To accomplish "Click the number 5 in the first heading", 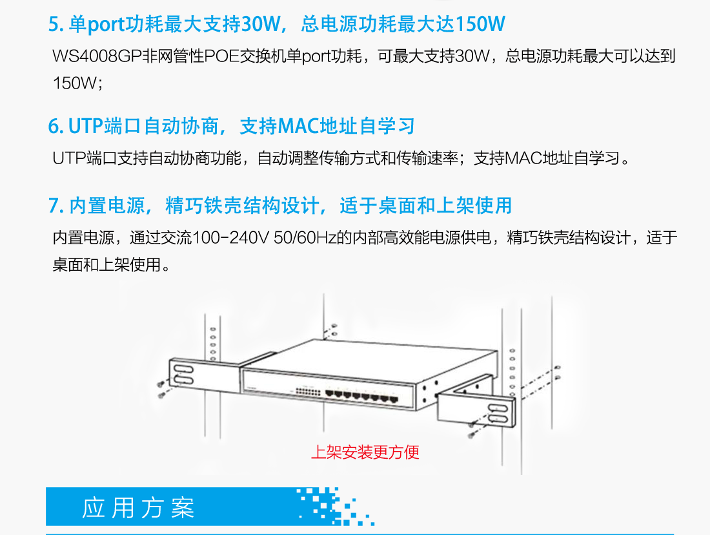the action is click(x=54, y=25).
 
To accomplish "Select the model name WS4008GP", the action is click(x=97, y=56).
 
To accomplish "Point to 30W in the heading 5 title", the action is click(x=260, y=25).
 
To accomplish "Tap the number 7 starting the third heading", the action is click(x=54, y=206).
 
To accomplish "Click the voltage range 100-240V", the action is click(x=230, y=238).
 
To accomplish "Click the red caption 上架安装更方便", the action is click(x=365, y=452).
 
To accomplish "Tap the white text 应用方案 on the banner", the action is click(x=138, y=508).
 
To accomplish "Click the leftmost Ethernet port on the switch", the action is click(x=330, y=393).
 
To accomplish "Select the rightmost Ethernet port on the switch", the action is click(x=394, y=399).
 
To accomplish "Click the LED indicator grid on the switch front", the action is click(x=308, y=391).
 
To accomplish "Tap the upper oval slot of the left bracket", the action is click(x=183, y=369).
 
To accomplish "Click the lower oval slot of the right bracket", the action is click(x=498, y=417).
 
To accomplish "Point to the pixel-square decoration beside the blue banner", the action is click(x=335, y=507).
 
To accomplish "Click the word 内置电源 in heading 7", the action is click(x=107, y=206).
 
